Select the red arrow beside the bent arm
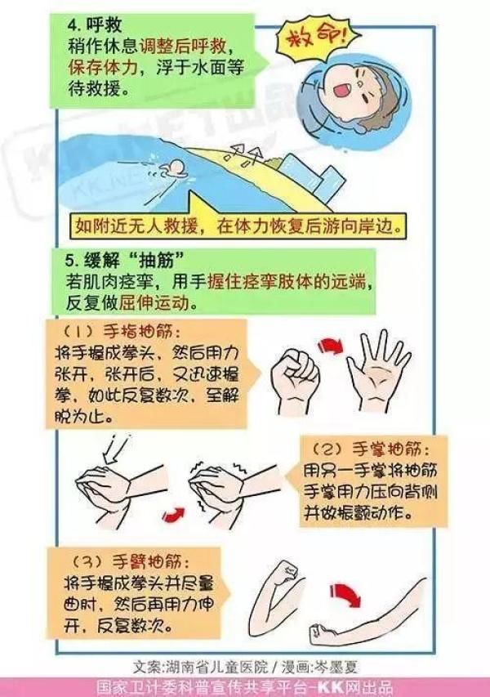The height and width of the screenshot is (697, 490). (x=348, y=594)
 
